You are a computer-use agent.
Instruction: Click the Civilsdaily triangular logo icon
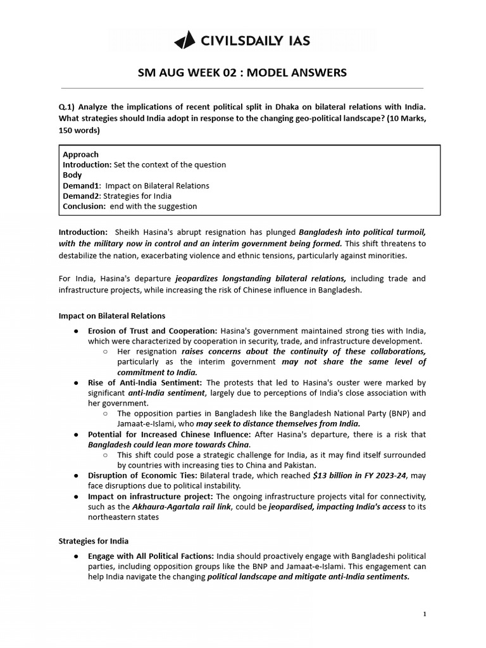pyautogui.click(x=185, y=41)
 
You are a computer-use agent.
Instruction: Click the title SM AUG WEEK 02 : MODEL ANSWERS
pyautogui.click(x=242, y=72)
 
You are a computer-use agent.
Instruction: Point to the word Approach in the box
pyautogui.click(x=80, y=154)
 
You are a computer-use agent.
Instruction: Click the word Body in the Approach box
pyautogui.click(x=72, y=175)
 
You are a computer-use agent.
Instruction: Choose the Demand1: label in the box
pyautogui.click(x=82, y=185)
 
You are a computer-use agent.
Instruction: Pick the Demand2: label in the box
pyautogui.click(x=82, y=196)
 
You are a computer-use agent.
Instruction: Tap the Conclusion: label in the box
pyautogui.click(x=84, y=206)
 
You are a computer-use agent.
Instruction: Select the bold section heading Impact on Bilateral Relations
pyautogui.click(x=111, y=316)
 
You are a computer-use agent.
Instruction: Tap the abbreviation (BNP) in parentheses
pyautogui.click(x=392, y=414)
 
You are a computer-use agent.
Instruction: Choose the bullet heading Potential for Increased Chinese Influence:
pyautogui.click(x=169, y=435)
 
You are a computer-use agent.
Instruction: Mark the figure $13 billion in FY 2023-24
pyautogui.click(x=359, y=476)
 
